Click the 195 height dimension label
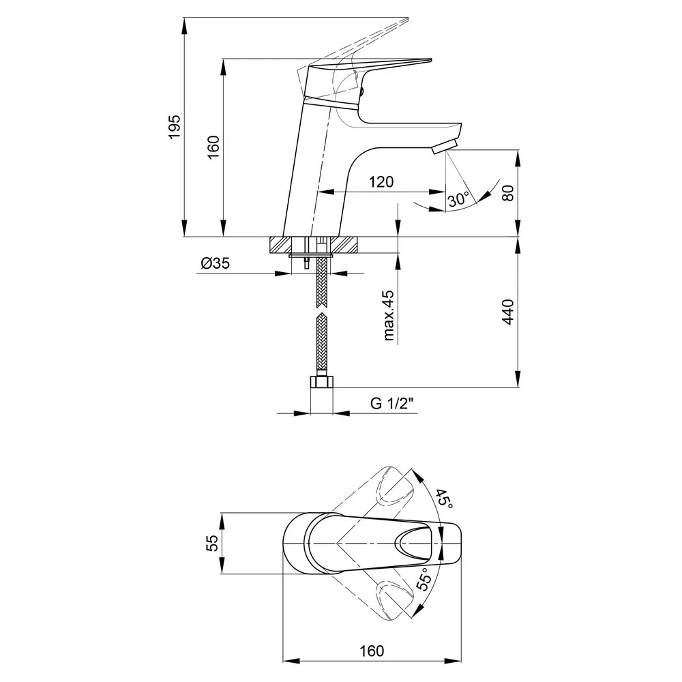174,127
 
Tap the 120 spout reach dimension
381,181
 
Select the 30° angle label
459,200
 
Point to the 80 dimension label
507,193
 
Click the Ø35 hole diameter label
215,263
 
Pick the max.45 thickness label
389,315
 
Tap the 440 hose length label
507,312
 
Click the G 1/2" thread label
391,403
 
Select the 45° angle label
444,499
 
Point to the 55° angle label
424,579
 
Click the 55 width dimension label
212,544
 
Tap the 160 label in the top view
372,651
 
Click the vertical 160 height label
213,147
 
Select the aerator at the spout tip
445,146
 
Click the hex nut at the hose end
321,382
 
